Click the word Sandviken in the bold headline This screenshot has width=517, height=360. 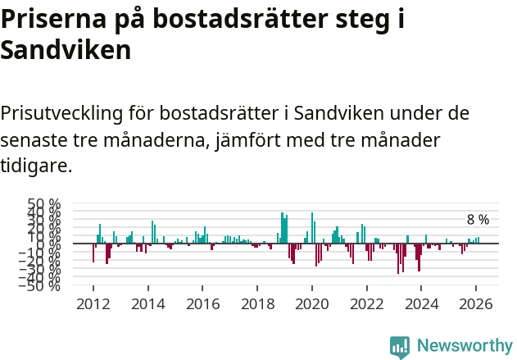point(66,51)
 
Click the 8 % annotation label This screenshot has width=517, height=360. point(478,220)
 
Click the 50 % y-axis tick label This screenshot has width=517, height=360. point(44,203)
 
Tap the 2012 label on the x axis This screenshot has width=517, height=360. point(93,303)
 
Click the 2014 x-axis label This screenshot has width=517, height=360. point(148,303)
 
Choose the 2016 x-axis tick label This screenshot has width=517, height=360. point(202,303)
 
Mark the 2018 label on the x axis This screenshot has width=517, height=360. point(257,303)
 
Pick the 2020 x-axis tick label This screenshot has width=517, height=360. point(312,303)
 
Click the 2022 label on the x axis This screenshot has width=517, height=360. point(367,303)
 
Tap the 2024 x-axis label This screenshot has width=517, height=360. point(421,303)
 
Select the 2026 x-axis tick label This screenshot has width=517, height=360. point(476,303)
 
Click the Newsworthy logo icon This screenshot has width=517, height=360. point(400,346)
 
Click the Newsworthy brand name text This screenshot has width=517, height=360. point(465,346)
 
